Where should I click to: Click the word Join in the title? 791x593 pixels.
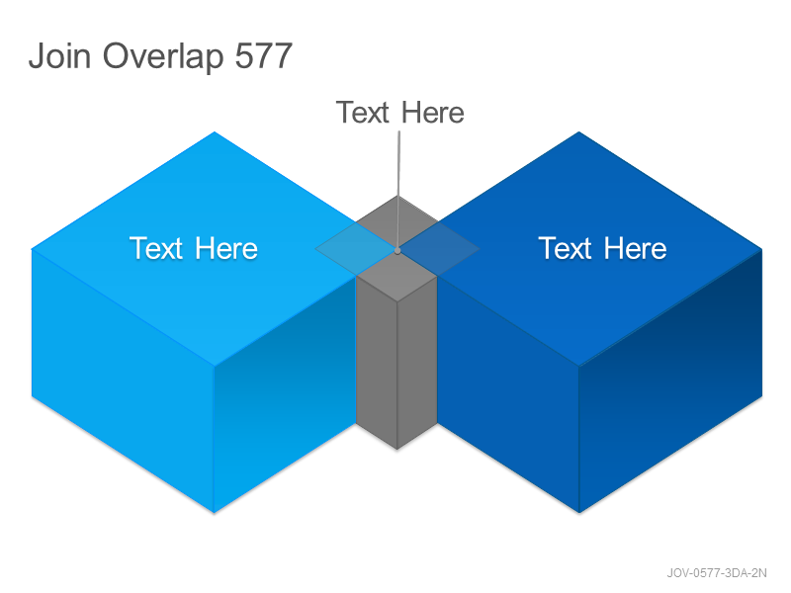pyautogui.click(x=59, y=55)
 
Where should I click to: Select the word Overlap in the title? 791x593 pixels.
pyautogui.click(x=163, y=57)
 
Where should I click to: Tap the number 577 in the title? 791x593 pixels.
pyautogui.click(x=264, y=55)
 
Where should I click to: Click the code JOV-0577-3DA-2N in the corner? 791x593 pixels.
pyautogui.click(x=717, y=573)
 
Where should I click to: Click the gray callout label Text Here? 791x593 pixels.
pyautogui.click(x=400, y=112)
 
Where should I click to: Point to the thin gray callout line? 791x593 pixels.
pyautogui.click(x=398, y=190)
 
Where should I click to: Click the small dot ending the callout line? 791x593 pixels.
pyautogui.click(x=397, y=251)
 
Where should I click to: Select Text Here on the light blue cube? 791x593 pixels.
pyautogui.click(x=194, y=248)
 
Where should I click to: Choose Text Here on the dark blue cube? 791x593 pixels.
pyautogui.click(x=603, y=248)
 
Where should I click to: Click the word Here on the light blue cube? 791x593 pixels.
pyautogui.click(x=226, y=248)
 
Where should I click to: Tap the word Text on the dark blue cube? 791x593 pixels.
pyautogui.click(x=565, y=248)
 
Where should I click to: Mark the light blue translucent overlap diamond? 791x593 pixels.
pyautogui.click(x=356, y=249)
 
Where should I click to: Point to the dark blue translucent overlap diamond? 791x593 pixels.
pyautogui.click(x=439, y=249)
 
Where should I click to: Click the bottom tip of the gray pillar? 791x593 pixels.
pyautogui.click(x=397, y=449)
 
